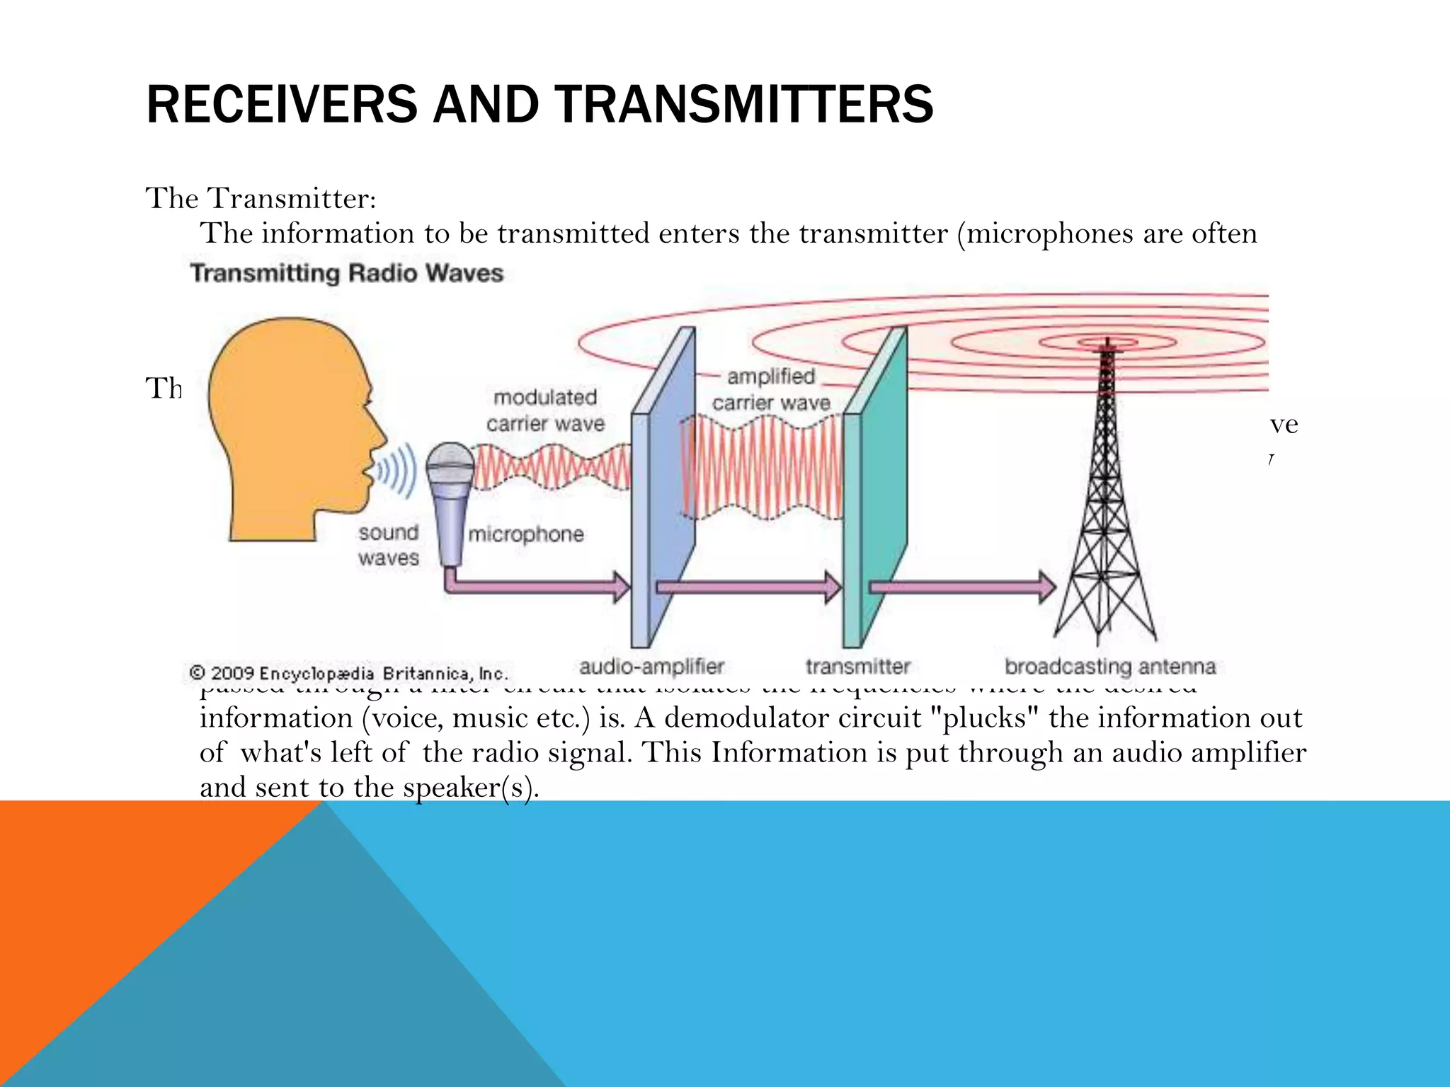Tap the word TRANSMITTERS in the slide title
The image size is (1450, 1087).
tap(744, 104)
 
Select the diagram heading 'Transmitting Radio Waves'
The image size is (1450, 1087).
tap(346, 273)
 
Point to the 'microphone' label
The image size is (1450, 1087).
tap(526, 534)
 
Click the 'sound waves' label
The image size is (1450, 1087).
tap(388, 545)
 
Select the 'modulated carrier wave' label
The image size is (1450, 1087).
tap(545, 410)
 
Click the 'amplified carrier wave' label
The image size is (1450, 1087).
tap(771, 390)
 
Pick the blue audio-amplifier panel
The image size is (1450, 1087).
tap(663, 488)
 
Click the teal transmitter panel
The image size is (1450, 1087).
tap(875, 488)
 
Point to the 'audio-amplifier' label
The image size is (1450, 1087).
tap(651, 667)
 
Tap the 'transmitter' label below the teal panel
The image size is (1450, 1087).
tap(857, 667)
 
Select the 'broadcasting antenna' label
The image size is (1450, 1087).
tap(1110, 667)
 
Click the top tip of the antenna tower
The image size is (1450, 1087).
tap(1107, 341)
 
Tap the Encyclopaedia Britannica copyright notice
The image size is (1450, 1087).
tap(348, 673)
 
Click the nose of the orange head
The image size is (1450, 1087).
tap(383, 432)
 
